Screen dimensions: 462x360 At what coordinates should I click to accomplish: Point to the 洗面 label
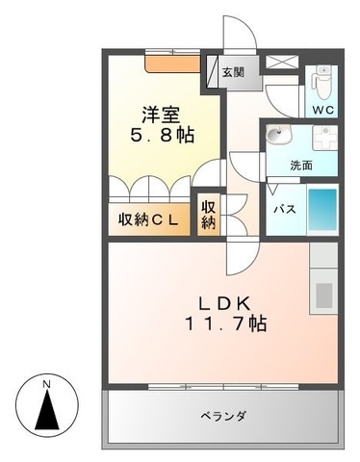click(x=301, y=165)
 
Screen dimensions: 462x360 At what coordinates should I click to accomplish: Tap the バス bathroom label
click(x=283, y=208)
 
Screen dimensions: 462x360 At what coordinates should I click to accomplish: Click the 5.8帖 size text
click(x=162, y=136)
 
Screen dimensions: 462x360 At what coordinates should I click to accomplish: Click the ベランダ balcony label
click(x=223, y=416)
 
